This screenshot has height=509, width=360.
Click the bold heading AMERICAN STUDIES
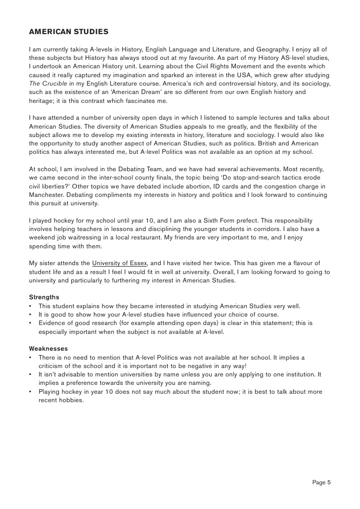coord(69,32)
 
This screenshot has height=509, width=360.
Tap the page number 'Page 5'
coord(321,482)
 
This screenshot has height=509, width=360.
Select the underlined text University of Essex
coord(120,263)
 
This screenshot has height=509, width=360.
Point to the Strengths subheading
coord(44,297)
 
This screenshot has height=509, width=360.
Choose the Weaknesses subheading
coord(48,348)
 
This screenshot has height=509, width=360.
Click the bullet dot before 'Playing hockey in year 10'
coord(31,392)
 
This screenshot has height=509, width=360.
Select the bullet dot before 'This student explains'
coord(31,306)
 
